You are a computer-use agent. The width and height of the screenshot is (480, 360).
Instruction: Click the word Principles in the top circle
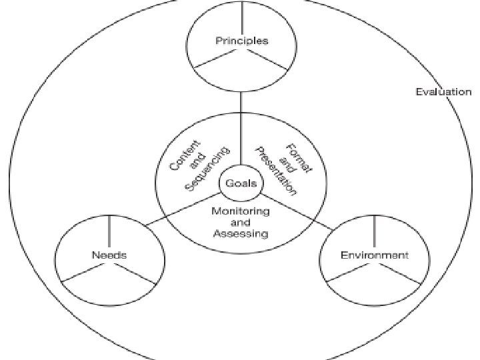(241, 41)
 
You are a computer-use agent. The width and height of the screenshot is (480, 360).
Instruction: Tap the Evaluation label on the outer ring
(443, 92)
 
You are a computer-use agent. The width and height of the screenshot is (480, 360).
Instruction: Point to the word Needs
(109, 255)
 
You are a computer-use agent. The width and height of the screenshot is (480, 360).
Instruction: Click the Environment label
(374, 255)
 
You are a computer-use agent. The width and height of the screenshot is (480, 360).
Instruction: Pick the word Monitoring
(240, 211)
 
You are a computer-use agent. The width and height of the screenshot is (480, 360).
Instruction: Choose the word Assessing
(241, 233)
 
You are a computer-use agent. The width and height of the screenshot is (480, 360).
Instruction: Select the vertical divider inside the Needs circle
(109, 231)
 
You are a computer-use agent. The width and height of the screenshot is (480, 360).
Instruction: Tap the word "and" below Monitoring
(240, 223)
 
